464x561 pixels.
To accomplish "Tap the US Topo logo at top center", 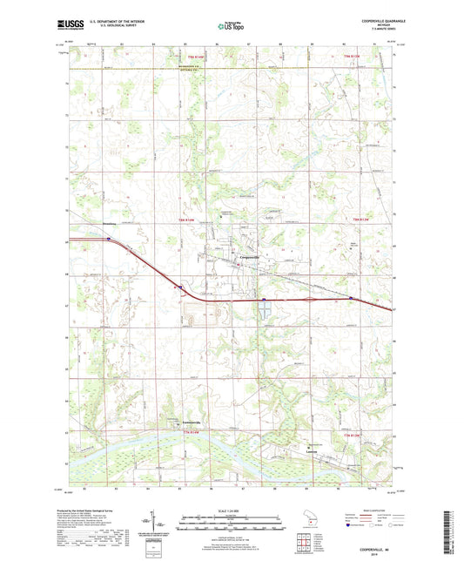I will pyautogui.click(x=230, y=27).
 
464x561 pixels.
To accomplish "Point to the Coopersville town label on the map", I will pyautogui.click(x=251, y=259).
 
